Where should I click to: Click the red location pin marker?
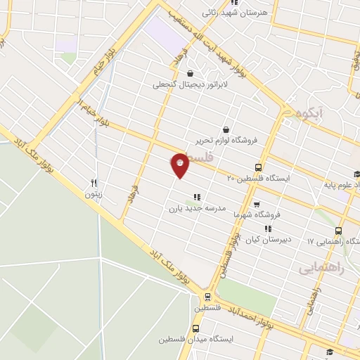[180, 165]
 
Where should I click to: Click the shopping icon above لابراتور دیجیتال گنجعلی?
[190, 73]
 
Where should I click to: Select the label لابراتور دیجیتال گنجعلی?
[181, 85]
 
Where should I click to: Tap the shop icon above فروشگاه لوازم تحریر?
[225, 129]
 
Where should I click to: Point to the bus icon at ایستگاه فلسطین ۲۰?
[258, 167]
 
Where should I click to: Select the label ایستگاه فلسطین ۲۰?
[268, 179]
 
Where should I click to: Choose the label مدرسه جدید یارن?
[195, 209]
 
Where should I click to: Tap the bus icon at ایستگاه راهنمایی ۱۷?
[338, 231]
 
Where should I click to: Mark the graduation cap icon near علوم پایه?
[356, 175]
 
